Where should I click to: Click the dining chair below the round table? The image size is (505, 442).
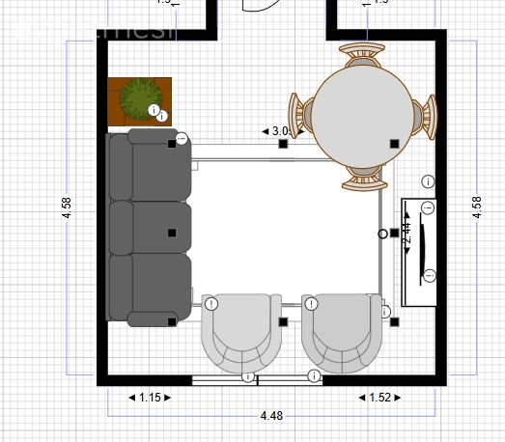click(x=364, y=175)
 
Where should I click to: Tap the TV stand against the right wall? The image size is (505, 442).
click(x=419, y=252)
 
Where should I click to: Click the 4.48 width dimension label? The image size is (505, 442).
click(x=271, y=416)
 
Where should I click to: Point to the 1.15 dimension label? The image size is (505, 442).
click(x=149, y=397)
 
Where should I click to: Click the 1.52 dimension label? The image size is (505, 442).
click(x=379, y=397)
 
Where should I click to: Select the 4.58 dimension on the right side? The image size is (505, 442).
click(x=477, y=208)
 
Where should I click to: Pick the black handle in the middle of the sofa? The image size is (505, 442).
click(x=172, y=233)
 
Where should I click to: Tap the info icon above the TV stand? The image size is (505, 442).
click(x=428, y=180)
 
